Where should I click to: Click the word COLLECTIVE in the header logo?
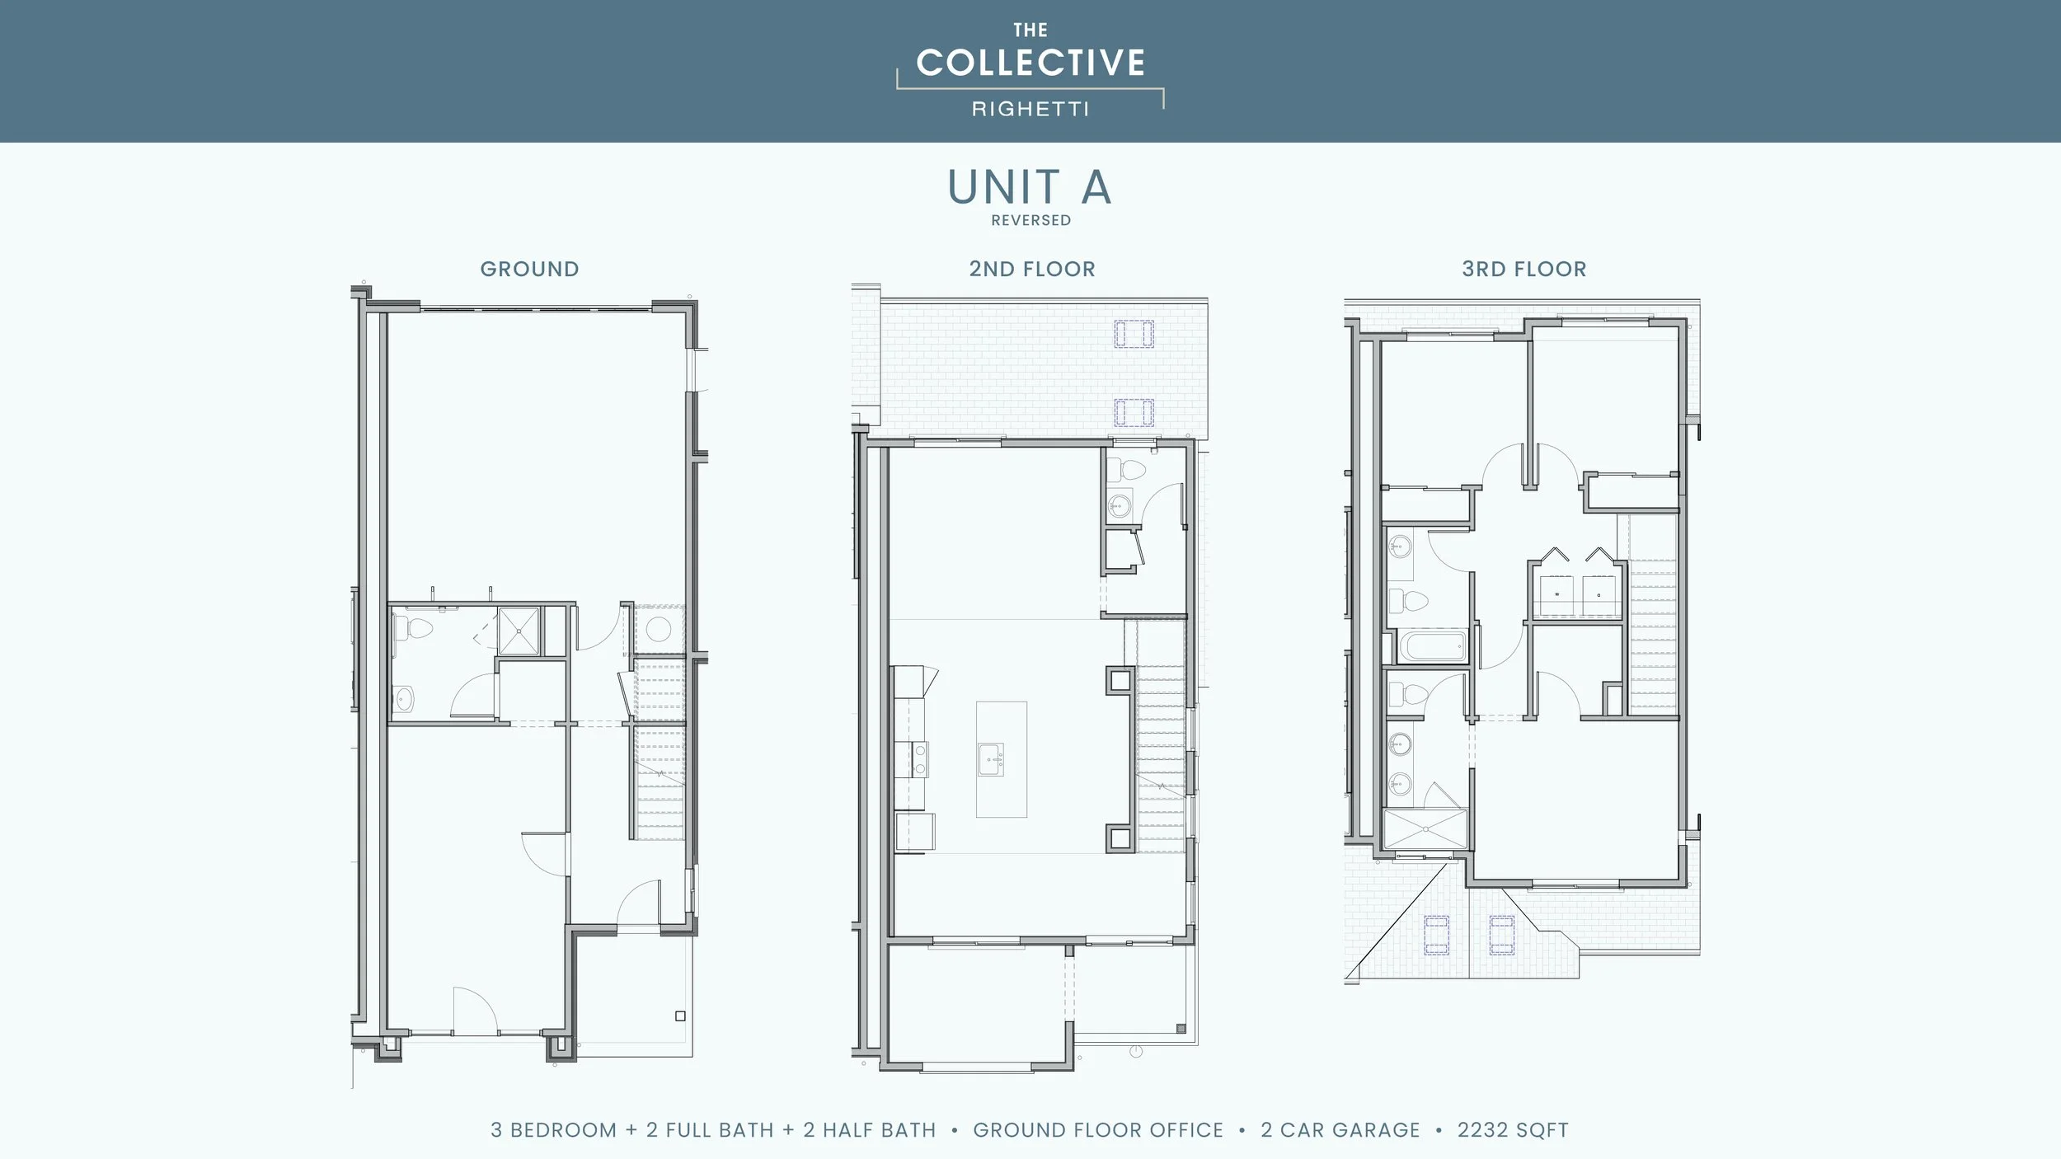tap(1030, 63)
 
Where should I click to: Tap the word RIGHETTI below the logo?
tap(1030, 109)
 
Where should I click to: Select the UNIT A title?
tap(1030, 187)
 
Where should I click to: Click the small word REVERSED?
tap(1030, 220)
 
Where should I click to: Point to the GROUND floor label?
tap(529, 269)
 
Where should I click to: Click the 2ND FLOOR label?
tap(1031, 269)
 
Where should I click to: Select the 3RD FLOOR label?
tap(1523, 269)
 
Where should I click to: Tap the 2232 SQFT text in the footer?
tap(1512, 1130)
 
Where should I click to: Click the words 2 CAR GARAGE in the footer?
tap(1340, 1130)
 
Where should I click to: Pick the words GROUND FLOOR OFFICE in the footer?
tap(1097, 1130)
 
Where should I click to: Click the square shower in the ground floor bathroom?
tap(519, 631)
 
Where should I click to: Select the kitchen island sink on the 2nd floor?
tap(990, 759)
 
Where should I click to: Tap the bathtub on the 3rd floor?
tap(1433, 645)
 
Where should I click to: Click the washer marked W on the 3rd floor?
tap(1557, 596)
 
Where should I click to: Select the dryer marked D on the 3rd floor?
tap(1599, 596)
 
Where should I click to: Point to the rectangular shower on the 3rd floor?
tap(1425, 828)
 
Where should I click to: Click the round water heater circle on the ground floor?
tap(658, 630)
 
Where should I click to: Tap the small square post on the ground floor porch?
tap(680, 1016)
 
